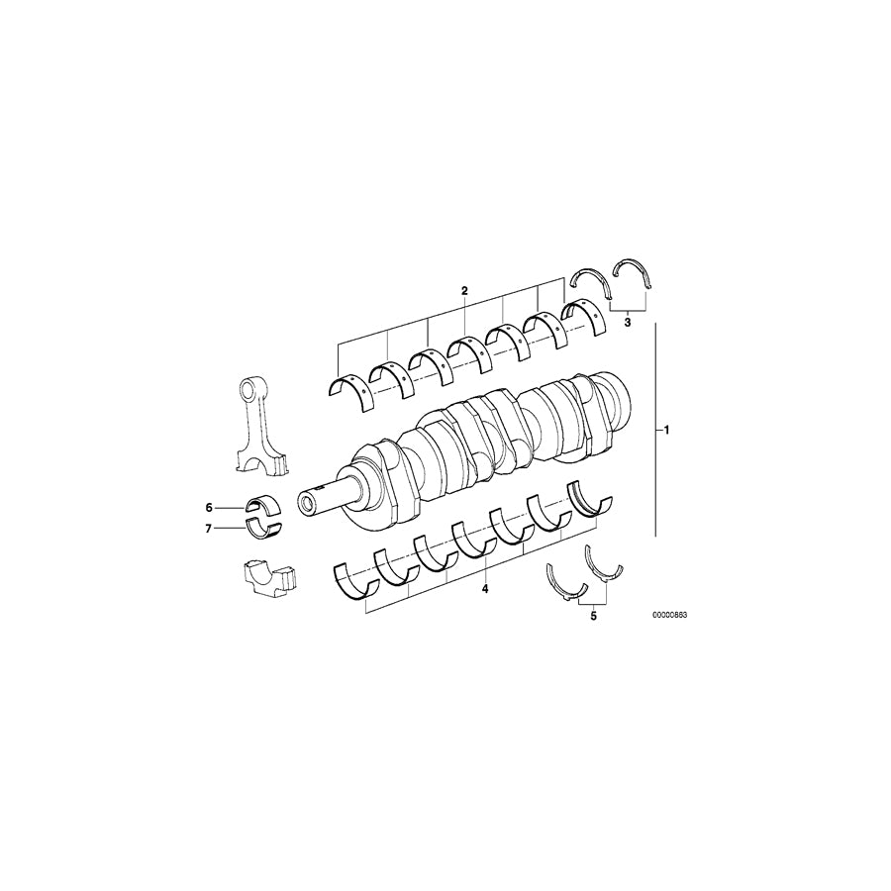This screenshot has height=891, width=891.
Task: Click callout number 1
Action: [x=667, y=431]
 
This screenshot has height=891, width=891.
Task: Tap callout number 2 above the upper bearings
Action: [x=463, y=291]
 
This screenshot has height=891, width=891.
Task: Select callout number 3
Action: [x=628, y=322]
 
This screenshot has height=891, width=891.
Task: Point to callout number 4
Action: [x=485, y=589]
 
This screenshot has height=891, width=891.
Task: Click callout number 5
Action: [x=594, y=616]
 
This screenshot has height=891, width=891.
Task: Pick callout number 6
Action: [x=209, y=507]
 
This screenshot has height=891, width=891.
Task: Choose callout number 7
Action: [x=209, y=528]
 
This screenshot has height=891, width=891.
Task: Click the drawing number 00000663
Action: [x=669, y=615]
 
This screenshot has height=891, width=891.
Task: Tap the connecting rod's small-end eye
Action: [x=252, y=386]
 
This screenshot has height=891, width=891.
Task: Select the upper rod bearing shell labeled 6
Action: [x=262, y=504]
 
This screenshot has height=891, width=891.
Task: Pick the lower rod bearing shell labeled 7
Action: [x=263, y=525]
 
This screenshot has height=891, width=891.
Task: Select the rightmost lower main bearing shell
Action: [x=591, y=501]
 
